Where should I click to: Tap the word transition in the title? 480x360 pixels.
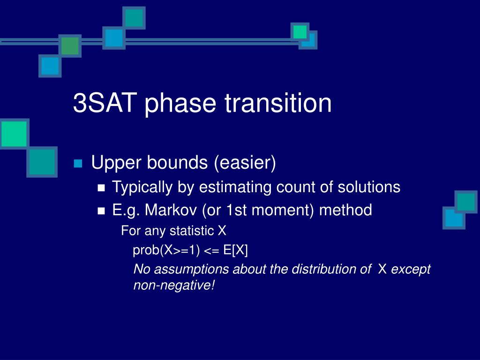[x=278, y=103]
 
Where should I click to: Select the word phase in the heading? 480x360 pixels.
[x=180, y=104]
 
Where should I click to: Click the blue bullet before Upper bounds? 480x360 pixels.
[x=78, y=164]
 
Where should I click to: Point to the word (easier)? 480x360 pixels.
[x=245, y=163]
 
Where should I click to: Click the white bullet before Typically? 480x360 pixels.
[x=101, y=187]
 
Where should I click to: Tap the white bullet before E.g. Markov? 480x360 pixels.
[x=101, y=210]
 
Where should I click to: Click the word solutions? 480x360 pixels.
[x=369, y=187]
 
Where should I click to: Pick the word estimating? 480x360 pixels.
[x=235, y=187]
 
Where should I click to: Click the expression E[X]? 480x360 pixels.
[x=235, y=250]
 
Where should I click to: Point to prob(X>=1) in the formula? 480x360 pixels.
[x=166, y=250]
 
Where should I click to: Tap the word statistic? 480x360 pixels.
[x=192, y=231]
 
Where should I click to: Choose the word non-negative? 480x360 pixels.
[x=174, y=285]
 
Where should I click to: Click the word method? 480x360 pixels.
[x=345, y=210]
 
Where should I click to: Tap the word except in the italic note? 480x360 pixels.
[x=411, y=270]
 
